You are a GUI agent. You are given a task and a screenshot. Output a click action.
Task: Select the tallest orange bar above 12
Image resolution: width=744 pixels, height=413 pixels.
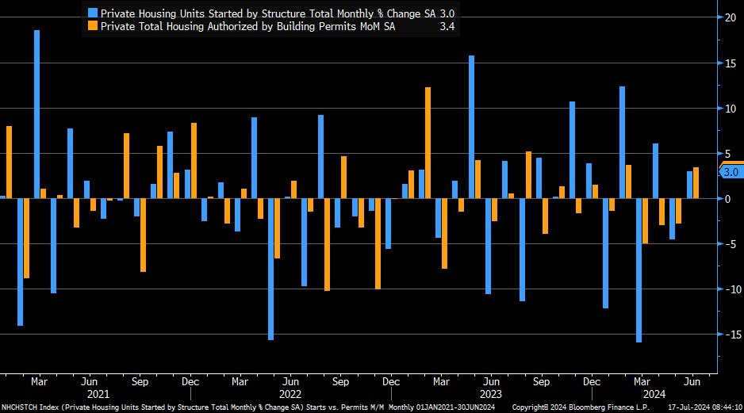point(428,143)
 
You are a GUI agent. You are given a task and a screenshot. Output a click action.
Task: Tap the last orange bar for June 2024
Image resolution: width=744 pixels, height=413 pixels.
point(696,183)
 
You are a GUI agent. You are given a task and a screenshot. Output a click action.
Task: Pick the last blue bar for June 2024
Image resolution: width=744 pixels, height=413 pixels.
point(689,185)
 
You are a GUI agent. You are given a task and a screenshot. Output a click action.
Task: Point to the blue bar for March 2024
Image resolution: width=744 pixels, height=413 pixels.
point(639,270)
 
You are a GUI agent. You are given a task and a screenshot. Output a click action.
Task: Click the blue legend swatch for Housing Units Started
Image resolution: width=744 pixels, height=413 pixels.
point(92,13)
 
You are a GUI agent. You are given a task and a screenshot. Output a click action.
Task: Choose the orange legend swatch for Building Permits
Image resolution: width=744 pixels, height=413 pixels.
point(92,26)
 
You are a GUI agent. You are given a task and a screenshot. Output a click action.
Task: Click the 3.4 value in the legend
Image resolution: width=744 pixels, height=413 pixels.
point(447,26)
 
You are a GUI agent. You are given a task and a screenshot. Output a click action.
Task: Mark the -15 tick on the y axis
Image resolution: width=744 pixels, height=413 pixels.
point(730,334)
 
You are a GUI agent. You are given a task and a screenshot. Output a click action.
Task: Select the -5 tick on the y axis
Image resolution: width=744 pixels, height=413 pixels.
point(730,243)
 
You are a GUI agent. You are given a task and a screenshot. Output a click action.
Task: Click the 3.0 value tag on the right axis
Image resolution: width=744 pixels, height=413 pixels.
point(731,171)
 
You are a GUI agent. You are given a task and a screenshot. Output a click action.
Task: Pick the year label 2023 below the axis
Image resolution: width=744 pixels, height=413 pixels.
point(490,394)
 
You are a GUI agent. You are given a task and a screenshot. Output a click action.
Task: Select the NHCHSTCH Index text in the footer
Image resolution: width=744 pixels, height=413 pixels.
point(26,407)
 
